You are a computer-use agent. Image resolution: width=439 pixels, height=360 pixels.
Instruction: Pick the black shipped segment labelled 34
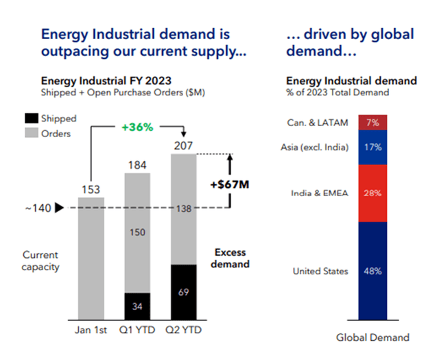click(136, 307)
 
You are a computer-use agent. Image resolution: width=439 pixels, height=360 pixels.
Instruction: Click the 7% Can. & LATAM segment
click(372, 123)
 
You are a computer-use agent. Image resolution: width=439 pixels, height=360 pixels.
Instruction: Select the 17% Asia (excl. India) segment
click(372, 147)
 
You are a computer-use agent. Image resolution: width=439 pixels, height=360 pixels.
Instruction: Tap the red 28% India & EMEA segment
click(372, 193)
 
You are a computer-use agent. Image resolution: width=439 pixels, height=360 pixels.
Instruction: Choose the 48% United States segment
click(372, 271)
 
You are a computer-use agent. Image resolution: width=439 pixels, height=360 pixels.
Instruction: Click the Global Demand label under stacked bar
click(372, 337)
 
